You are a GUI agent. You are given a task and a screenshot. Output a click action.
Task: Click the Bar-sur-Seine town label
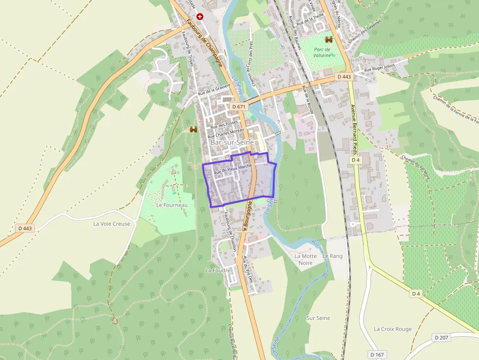232,142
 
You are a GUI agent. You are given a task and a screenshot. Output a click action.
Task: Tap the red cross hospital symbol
200,17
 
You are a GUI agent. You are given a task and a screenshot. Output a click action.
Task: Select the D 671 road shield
239,106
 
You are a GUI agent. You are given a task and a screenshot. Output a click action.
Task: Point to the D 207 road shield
441,338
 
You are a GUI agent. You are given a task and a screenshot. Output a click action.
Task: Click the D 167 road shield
378,354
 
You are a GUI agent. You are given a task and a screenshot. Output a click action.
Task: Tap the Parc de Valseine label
322,53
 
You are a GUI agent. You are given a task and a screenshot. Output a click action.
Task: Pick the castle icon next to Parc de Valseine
329,40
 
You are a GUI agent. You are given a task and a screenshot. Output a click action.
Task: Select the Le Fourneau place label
172,205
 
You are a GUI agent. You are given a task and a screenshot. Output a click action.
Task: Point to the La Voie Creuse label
112,224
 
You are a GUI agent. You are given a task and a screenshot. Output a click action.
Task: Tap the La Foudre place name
216,270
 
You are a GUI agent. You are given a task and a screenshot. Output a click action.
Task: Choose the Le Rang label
332,256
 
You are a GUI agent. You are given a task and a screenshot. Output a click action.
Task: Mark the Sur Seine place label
318,318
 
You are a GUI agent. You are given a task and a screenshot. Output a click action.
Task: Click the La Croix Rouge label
392,329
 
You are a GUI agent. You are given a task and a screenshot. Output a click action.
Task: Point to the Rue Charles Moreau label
225,133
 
